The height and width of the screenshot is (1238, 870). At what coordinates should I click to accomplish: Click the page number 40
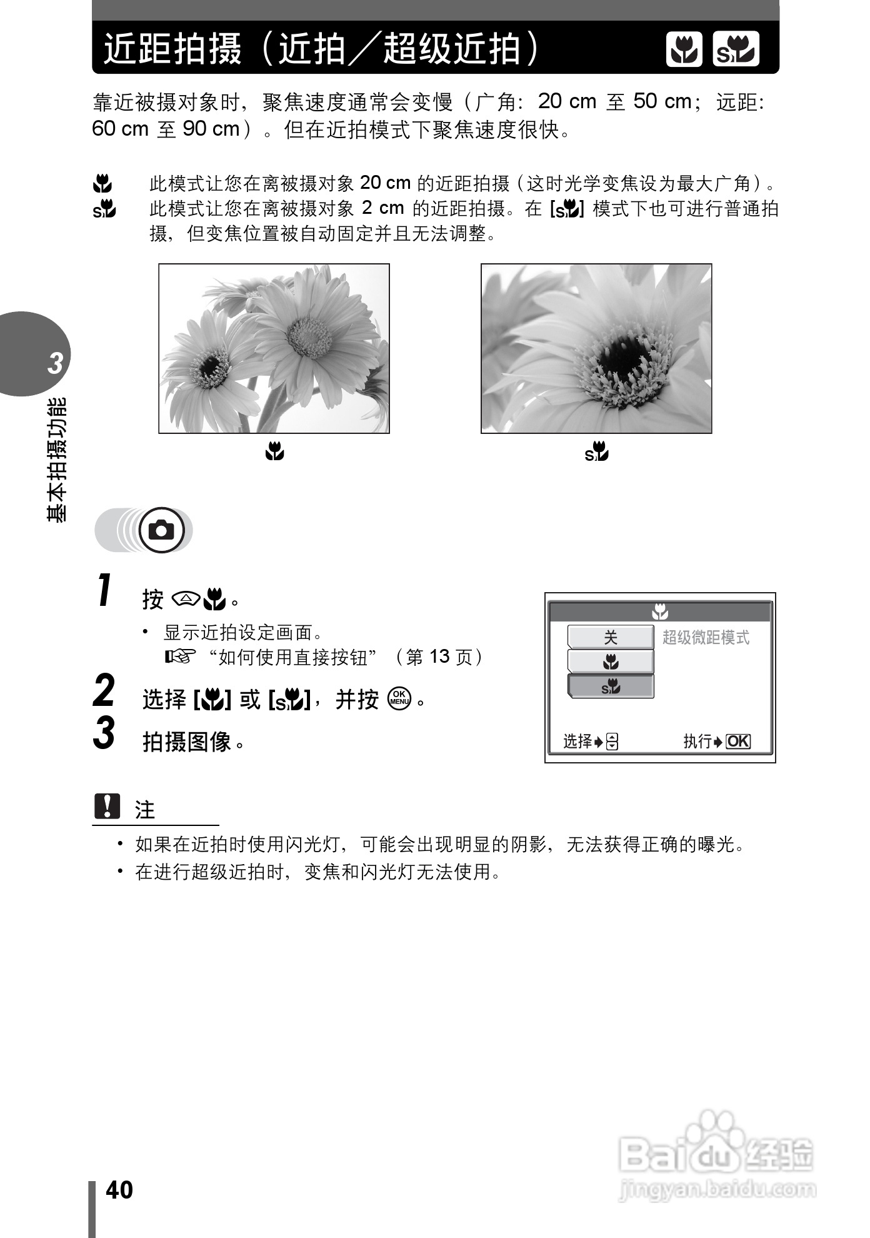click(119, 1189)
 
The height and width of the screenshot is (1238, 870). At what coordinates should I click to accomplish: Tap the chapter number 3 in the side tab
click(56, 363)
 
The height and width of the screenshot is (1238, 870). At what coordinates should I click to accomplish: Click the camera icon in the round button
click(162, 531)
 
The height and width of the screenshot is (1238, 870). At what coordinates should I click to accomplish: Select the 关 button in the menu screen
click(610, 637)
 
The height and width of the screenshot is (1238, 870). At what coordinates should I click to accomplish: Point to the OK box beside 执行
click(738, 742)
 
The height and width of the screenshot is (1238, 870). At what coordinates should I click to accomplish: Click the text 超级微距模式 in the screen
click(706, 638)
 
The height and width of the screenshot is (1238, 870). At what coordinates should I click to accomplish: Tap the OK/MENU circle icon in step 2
click(399, 698)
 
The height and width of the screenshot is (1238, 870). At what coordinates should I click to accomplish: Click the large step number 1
click(105, 590)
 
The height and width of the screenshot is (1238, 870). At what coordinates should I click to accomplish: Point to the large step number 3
click(104, 733)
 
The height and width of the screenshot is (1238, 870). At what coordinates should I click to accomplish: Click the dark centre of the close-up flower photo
click(619, 356)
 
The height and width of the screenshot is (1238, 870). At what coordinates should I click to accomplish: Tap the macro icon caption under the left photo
click(274, 451)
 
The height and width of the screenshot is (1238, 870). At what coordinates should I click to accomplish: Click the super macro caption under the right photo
click(596, 451)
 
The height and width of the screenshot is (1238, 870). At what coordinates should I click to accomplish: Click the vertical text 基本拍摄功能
click(56, 460)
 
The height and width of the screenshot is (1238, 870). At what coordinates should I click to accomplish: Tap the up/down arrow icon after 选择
click(612, 742)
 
